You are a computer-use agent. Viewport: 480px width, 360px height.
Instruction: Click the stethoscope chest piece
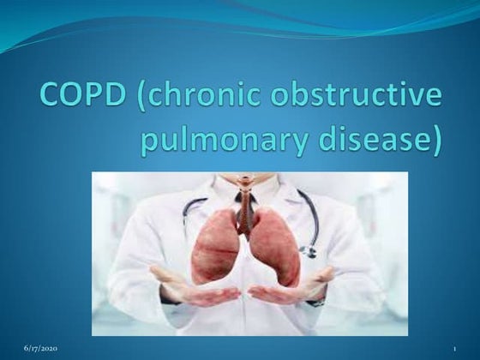(306, 251)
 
